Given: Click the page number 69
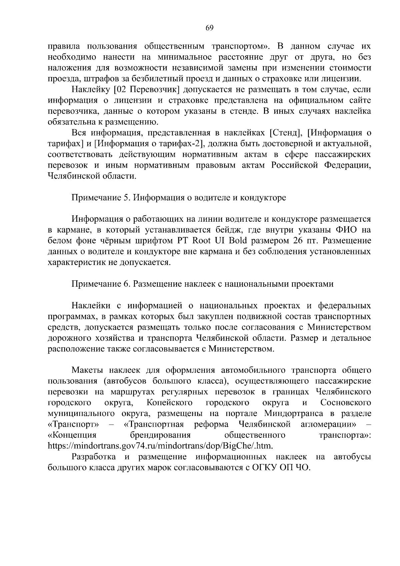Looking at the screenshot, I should coord(209,28).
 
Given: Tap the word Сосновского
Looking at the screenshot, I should coord(346,403).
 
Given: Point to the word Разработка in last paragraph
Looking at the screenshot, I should coord(94,457).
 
